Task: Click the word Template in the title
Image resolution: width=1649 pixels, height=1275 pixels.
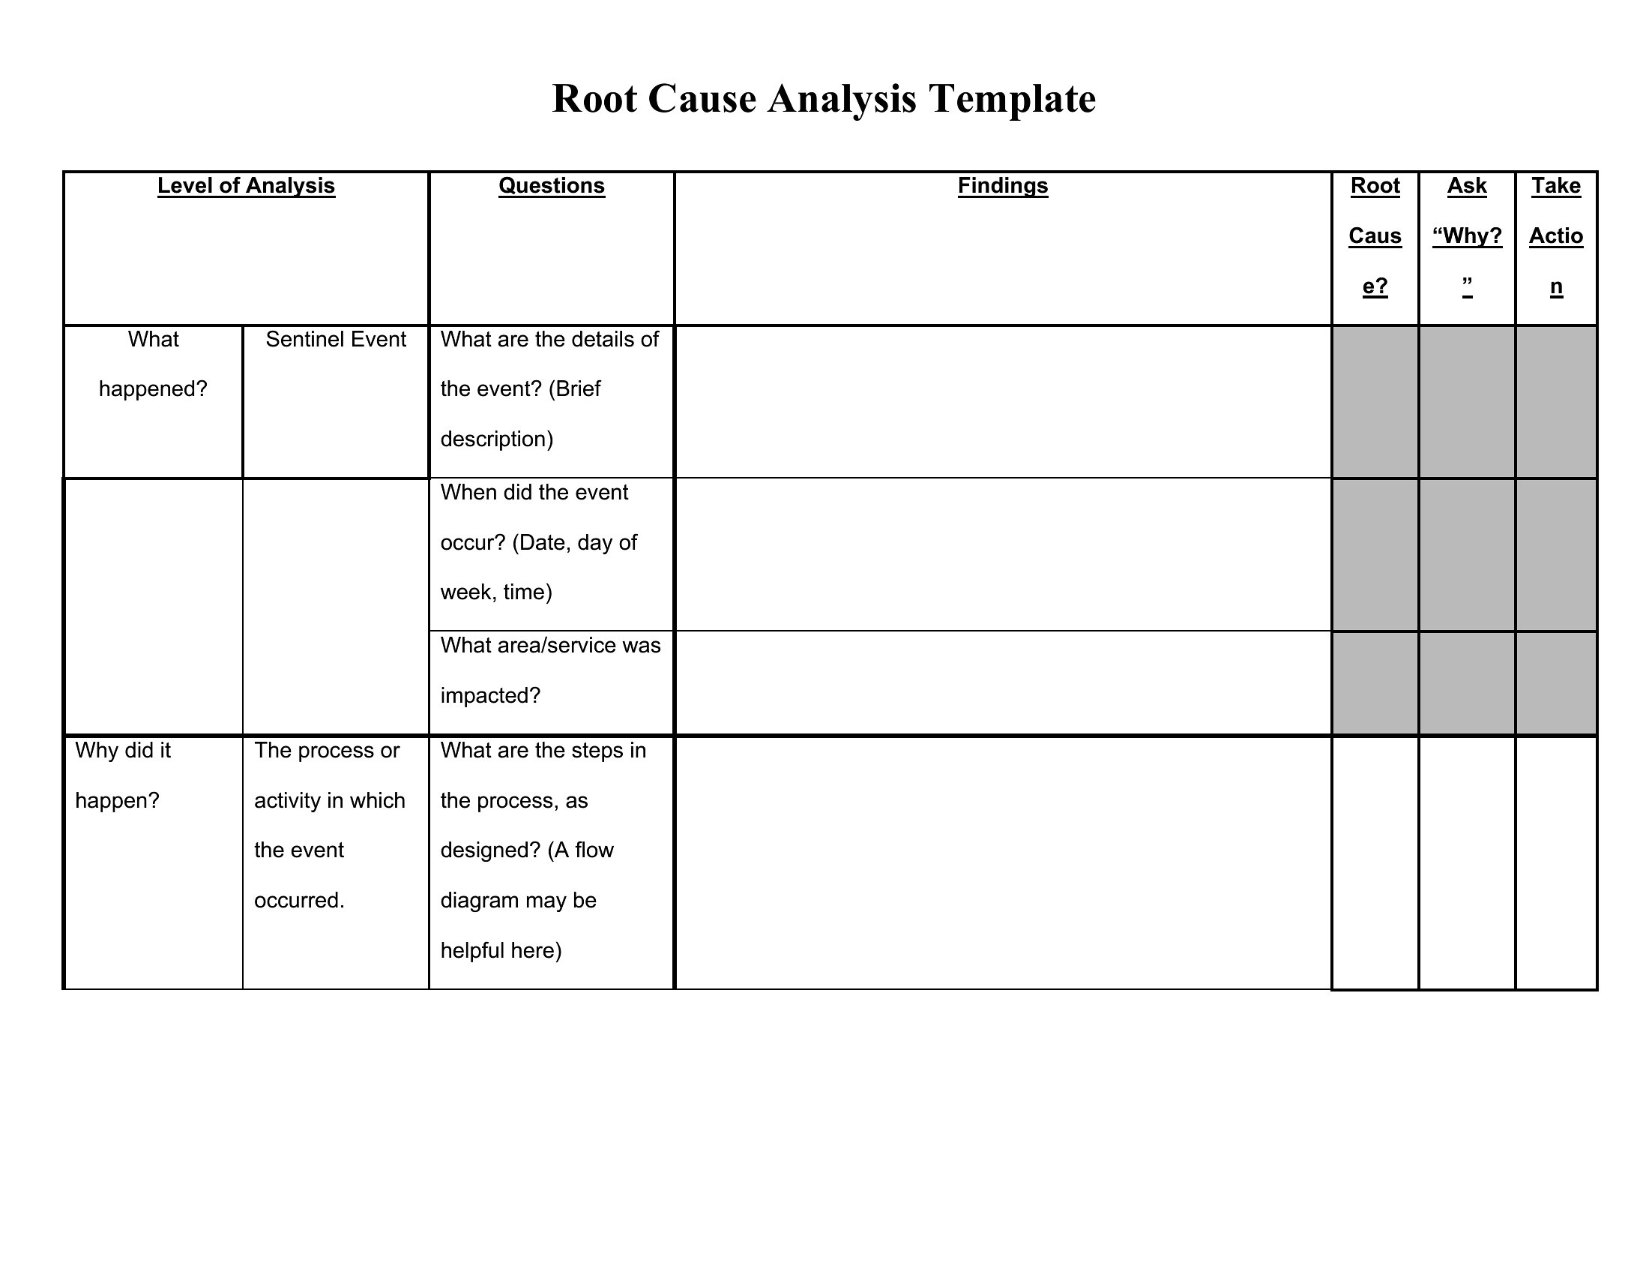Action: tap(1012, 99)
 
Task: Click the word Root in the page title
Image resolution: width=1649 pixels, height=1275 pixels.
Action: tap(594, 99)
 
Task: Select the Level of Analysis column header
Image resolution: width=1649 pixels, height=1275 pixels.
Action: tap(245, 186)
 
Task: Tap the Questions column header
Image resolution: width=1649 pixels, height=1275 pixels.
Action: tap(551, 186)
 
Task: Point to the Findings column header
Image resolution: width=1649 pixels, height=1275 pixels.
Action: tap(1002, 186)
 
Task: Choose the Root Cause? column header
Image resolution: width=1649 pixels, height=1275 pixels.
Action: tap(1374, 235)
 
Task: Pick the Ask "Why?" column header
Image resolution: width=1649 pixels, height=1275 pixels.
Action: tap(1466, 235)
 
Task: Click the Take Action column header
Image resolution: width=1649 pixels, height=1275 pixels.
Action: tap(1555, 235)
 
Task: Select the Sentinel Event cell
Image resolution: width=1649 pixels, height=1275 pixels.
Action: tap(335, 340)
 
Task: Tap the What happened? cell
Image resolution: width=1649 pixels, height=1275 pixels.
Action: tap(153, 364)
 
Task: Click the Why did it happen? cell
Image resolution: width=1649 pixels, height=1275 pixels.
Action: tap(123, 775)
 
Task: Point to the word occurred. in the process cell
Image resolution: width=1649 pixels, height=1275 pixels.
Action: tap(299, 900)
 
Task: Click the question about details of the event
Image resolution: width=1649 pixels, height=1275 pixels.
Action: tap(549, 389)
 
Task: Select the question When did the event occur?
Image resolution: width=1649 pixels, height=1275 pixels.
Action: tap(539, 541)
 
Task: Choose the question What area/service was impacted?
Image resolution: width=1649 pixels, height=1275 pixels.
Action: tap(549, 670)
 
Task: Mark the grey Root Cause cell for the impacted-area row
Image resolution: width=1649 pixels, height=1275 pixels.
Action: tap(1374, 682)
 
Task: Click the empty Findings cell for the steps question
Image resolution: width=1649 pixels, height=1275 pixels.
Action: tap(1002, 862)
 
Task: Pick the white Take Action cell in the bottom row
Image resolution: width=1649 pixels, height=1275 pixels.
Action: tap(1555, 862)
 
